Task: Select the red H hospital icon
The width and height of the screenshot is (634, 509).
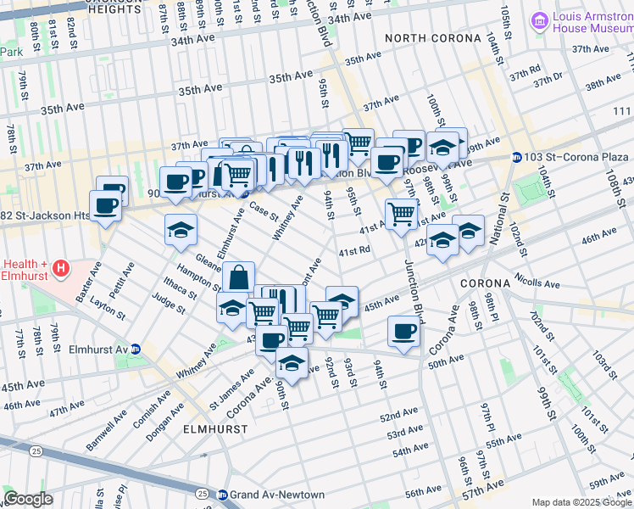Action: click(x=61, y=271)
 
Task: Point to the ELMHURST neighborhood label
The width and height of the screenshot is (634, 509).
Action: click(x=216, y=429)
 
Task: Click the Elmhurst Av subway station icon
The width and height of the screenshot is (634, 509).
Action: click(x=147, y=349)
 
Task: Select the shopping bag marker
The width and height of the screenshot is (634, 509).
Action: click(x=239, y=277)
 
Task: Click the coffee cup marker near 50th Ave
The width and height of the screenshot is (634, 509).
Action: click(x=404, y=331)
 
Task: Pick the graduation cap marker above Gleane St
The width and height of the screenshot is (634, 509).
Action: click(x=181, y=230)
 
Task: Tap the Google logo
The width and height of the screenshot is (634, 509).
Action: click(x=28, y=498)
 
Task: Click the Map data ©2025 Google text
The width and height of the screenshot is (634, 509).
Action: click(x=581, y=502)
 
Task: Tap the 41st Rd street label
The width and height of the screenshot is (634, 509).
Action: click(x=355, y=251)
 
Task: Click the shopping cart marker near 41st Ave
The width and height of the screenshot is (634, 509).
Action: click(x=400, y=212)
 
